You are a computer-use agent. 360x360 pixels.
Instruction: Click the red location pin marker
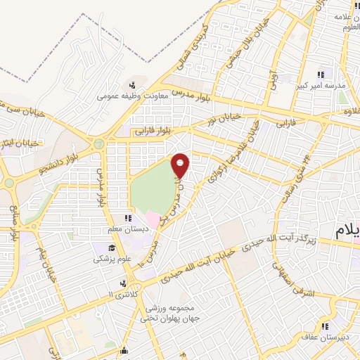181,166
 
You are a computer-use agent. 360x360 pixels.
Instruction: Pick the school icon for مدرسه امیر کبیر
321,75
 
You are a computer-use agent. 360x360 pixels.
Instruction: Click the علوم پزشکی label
108,258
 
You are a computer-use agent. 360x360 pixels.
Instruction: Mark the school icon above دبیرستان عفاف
326,326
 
